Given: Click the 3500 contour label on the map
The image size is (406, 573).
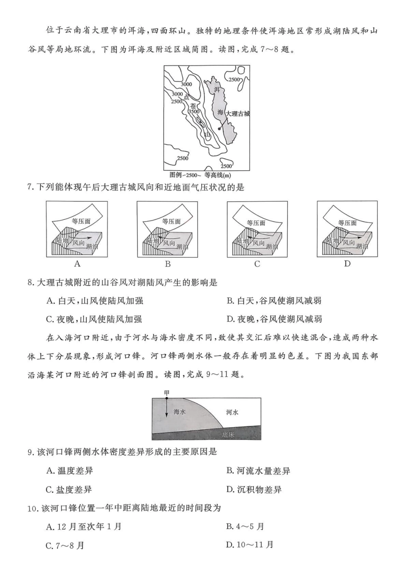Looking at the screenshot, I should click(x=194, y=112).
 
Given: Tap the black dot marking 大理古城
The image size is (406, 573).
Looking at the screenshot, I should click(x=219, y=128).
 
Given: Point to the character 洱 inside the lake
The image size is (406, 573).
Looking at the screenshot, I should click(x=217, y=90).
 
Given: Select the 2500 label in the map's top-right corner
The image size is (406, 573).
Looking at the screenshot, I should click(x=234, y=80).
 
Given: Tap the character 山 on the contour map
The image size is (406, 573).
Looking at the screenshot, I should click(x=207, y=135).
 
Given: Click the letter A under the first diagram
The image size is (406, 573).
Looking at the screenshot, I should click(x=77, y=264).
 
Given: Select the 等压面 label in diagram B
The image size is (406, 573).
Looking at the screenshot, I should click(x=171, y=221).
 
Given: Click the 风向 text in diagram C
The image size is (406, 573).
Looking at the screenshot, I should click(x=259, y=243).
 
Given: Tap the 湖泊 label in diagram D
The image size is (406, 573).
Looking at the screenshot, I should click(x=362, y=246).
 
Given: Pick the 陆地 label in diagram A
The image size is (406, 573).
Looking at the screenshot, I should click(x=62, y=241).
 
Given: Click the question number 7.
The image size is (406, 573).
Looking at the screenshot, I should click(x=30, y=187).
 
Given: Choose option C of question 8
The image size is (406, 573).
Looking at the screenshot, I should click(x=94, y=319).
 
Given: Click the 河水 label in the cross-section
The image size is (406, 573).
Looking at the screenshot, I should click(x=232, y=412).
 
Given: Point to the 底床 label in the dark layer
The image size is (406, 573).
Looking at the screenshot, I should click(x=229, y=435).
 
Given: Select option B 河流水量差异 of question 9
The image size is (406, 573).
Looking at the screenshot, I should click(x=258, y=471).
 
